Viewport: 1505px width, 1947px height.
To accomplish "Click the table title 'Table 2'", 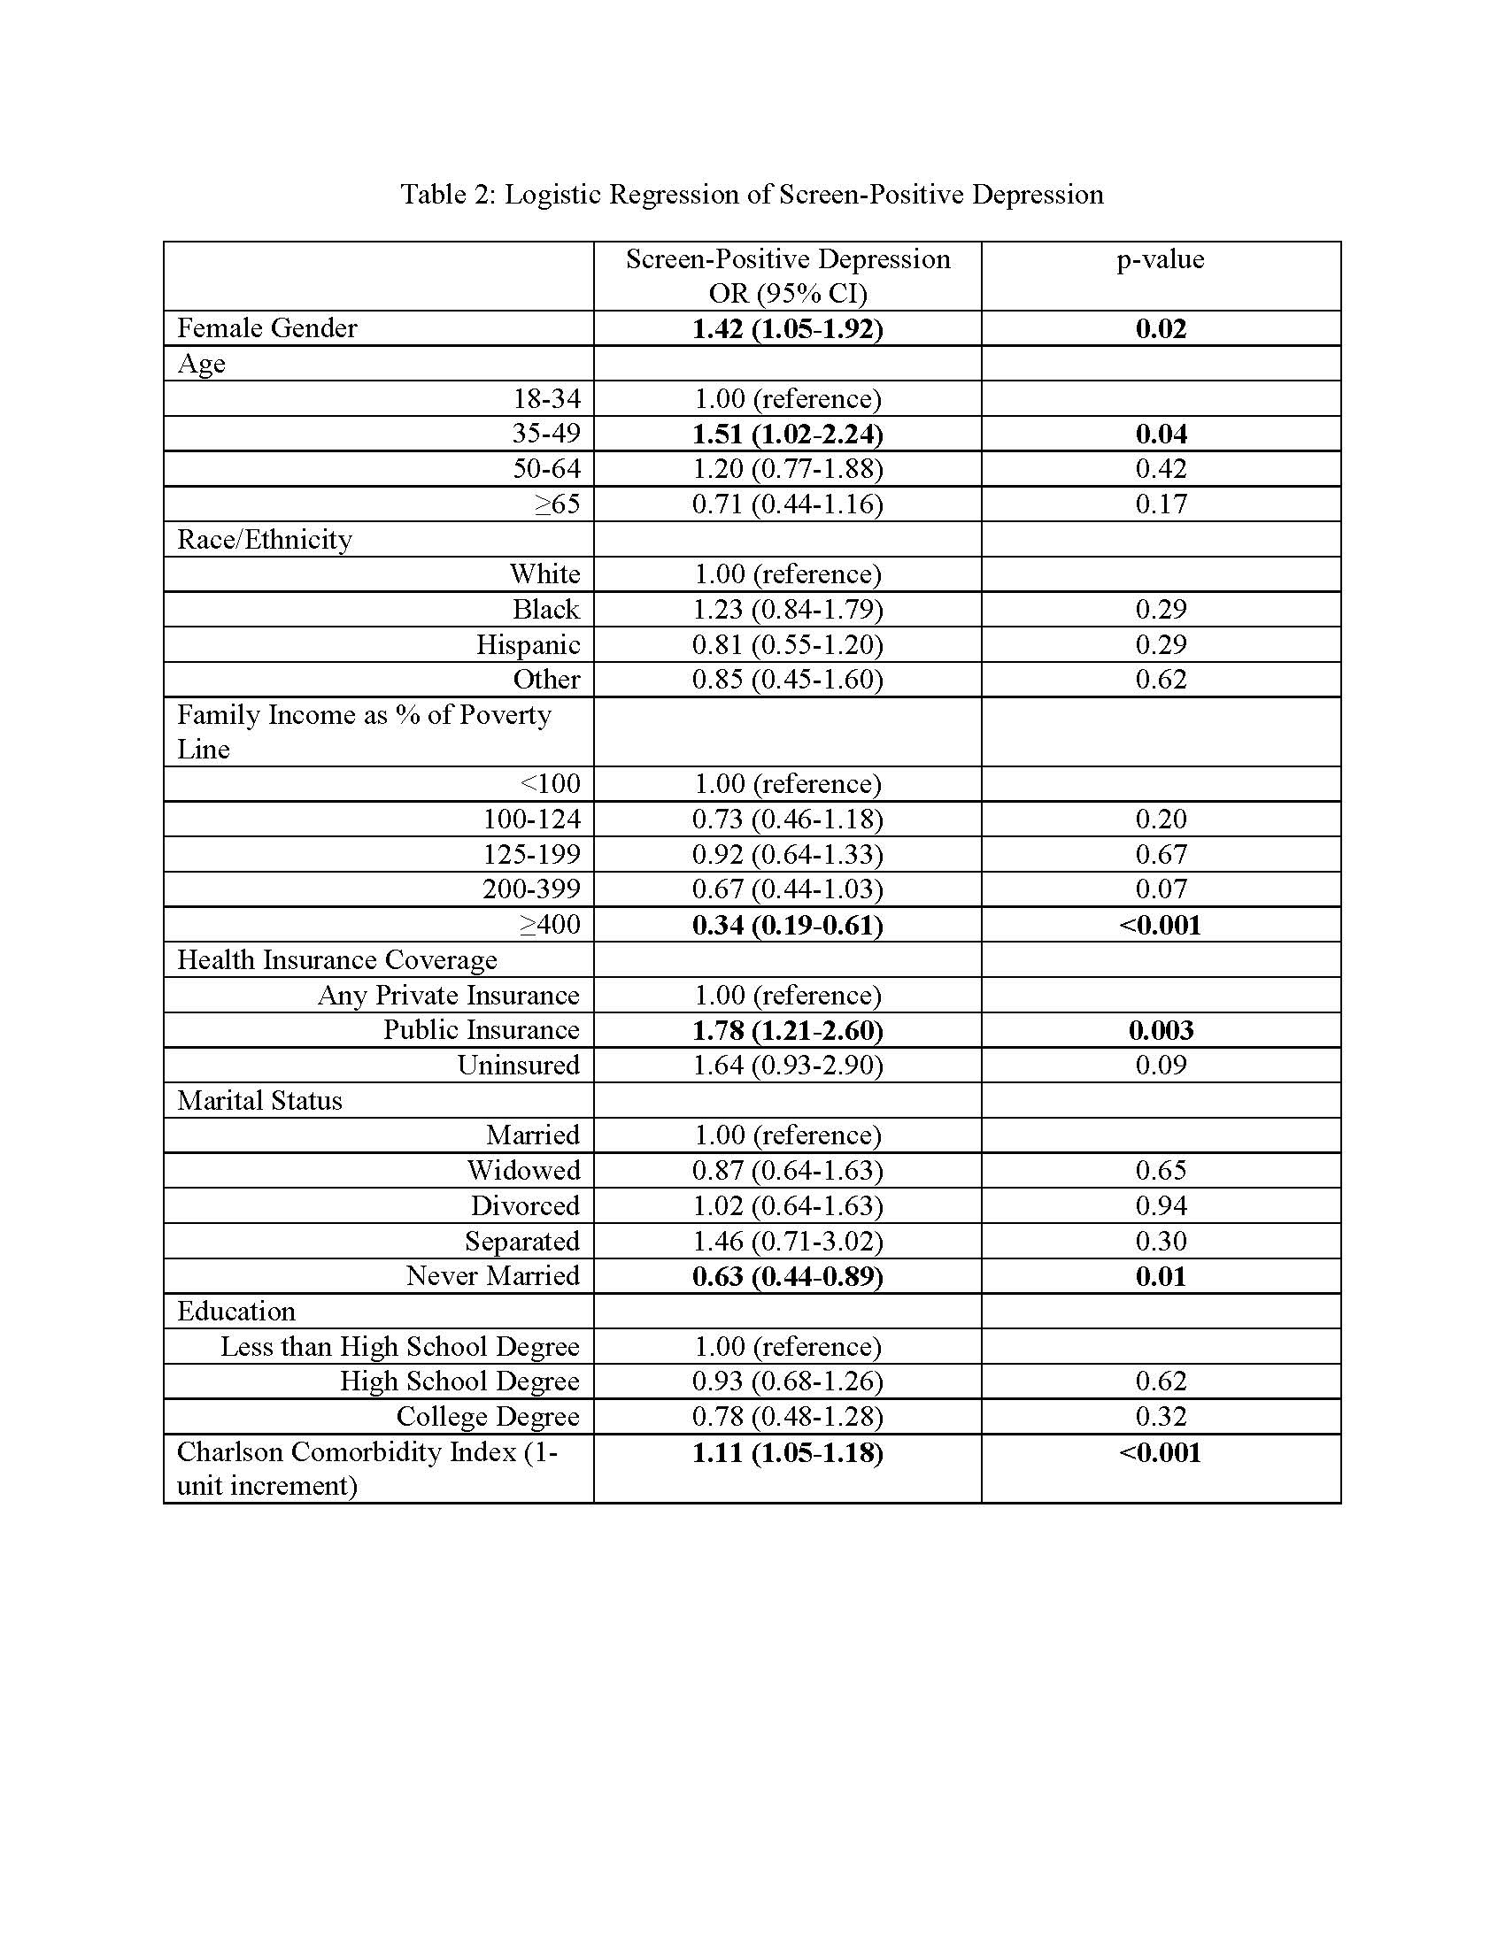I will click(x=752, y=195).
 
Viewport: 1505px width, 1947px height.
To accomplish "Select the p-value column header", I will click(x=1160, y=259).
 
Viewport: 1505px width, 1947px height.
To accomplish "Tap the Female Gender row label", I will click(x=266, y=328).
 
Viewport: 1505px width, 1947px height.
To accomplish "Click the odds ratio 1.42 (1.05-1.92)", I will click(x=787, y=329).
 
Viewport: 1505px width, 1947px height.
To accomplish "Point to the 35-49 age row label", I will click(x=545, y=434).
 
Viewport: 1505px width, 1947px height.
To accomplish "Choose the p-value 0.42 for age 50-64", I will click(x=1161, y=469).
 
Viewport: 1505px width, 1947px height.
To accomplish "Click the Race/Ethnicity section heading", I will click(x=264, y=539).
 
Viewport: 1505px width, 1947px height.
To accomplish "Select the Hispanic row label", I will click(x=528, y=644).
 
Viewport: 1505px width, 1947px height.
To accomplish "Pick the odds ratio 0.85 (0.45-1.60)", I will click(x=787, y=680).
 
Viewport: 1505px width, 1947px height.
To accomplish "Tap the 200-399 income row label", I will click(x=531, y=889).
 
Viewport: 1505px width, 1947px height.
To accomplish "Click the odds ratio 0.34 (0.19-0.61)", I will click(x=787, y=925).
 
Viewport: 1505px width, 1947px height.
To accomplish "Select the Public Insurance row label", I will click(x=482, y=1029).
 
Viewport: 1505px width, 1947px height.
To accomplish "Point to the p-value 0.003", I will click(x=1161, y=1030).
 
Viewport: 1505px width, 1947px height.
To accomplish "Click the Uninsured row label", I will click(x=518, y=1065).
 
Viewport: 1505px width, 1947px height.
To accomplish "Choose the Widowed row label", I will click(x=523, y=1170).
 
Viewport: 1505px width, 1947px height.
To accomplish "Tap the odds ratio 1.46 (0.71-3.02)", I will click(x=787, y=1241).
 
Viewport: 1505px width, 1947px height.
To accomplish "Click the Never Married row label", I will click(x=493, y=1275).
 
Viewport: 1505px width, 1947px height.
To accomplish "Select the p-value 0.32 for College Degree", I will click(x=1161, y=1417).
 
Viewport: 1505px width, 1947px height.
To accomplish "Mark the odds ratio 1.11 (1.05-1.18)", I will click(x=787, y=1452).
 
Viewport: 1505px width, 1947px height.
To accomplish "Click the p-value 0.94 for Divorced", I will click(x=1161, y=1205).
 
